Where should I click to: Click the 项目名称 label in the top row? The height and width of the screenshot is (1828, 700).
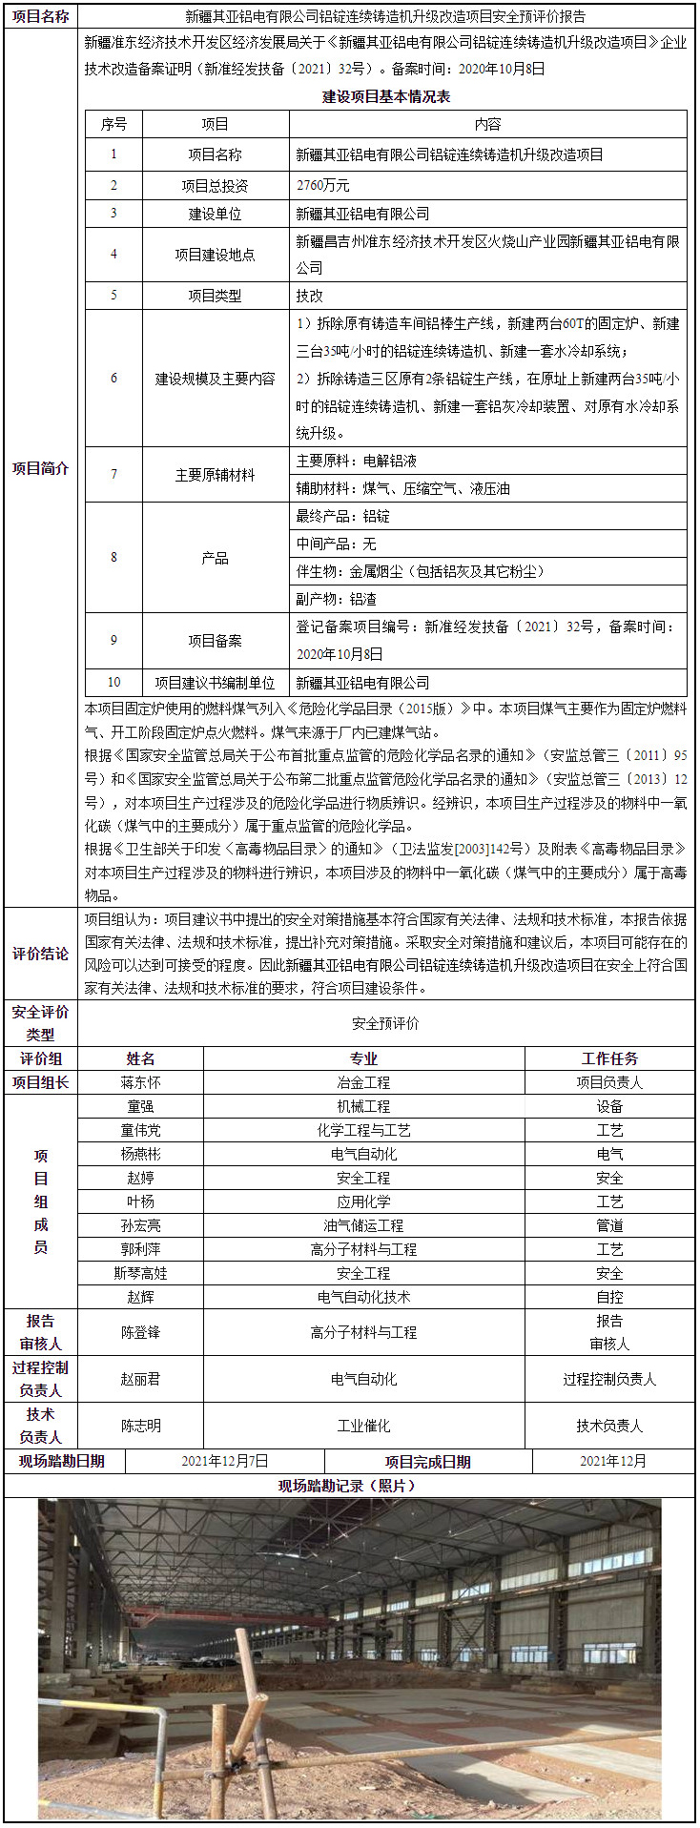[40, 16]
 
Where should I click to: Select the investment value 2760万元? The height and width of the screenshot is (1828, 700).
[323, 185]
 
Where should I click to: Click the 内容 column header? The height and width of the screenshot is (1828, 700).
[487, 124]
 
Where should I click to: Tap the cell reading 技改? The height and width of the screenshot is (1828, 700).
[310, 296]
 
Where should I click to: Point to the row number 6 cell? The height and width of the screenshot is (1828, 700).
[113, 379]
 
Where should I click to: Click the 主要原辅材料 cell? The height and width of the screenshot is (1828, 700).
[215, 475]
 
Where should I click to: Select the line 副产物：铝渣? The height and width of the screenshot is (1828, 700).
[337, 599]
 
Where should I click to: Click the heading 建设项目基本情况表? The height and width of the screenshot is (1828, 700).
[385, 96]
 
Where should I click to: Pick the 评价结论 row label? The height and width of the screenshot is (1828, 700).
[40, 954]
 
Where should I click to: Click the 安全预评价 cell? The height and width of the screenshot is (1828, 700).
[385, 1023]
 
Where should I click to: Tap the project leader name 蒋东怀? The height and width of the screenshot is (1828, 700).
[140, 1082]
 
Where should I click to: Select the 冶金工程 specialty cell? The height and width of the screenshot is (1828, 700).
[363, 1082]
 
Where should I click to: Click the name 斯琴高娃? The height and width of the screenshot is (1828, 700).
[140, 1273]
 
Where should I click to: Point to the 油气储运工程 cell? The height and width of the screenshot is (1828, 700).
[363, 1225]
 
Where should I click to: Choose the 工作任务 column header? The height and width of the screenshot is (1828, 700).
[609, 1058]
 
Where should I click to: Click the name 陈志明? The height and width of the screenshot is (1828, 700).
[140, 1426]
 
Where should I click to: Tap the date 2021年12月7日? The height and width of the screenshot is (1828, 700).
[225, 1461]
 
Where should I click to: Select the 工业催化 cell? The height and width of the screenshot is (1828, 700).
[363, 1426]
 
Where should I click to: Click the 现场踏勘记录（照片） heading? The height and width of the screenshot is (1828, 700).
[348, 1486]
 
